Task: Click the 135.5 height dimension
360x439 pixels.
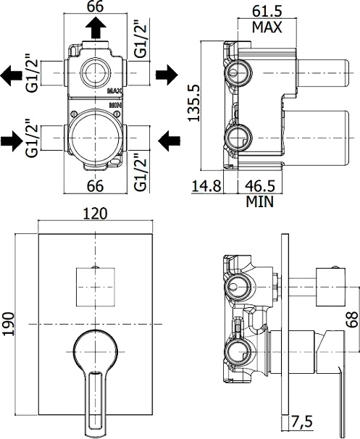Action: [194, 103]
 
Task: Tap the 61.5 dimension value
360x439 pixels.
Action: [267, 12]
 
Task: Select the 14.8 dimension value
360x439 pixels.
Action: [206, 186]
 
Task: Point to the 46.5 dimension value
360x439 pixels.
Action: [260, 186]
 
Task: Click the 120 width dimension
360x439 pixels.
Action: [95, 213]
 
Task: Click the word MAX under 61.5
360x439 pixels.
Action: [267, 27]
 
